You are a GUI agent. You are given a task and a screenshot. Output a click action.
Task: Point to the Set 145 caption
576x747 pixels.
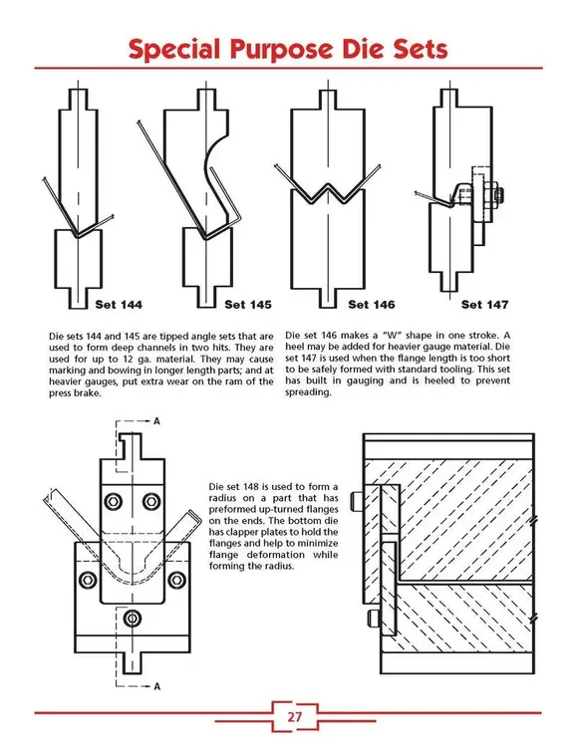[x=248, y=304]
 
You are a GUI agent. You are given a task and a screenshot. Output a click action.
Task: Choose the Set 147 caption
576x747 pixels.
[x=485, y=304]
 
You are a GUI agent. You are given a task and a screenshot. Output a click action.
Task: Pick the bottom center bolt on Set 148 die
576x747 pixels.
[x=133, y=612]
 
